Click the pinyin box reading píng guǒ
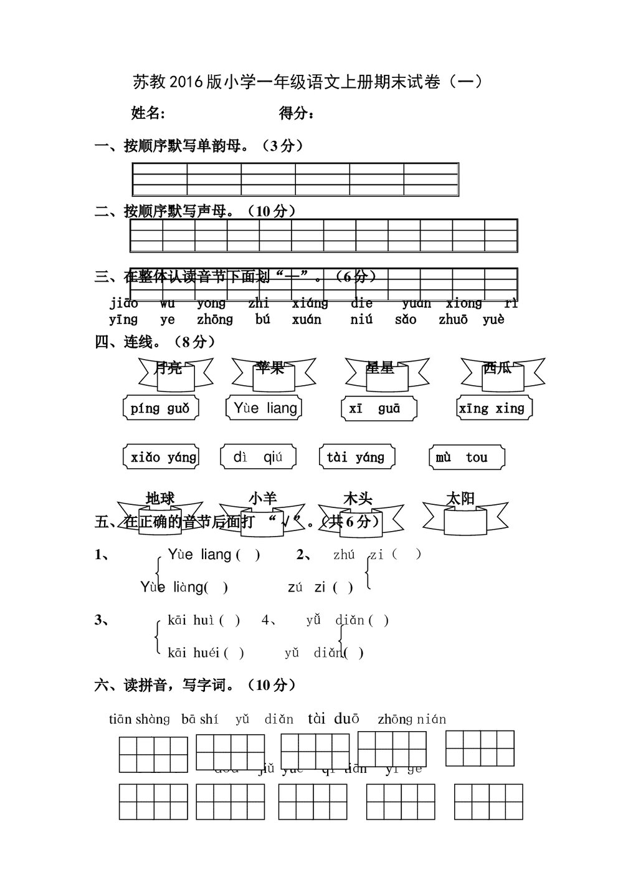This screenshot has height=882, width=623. [160, 409]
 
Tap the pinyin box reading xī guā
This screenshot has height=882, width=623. [379, 409]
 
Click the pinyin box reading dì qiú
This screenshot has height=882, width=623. [257, 457]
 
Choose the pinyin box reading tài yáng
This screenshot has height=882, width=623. [356, 457]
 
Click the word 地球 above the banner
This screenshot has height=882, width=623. [160, 499]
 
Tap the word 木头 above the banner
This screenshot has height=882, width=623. [358, 499]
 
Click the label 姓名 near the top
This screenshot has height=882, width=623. [148, 113]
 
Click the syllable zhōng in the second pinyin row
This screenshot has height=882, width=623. [215, 320]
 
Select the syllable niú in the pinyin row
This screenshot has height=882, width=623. [361, 320]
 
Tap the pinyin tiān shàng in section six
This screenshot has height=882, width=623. [140, 719]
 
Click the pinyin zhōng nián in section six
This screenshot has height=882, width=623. [412, 719]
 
